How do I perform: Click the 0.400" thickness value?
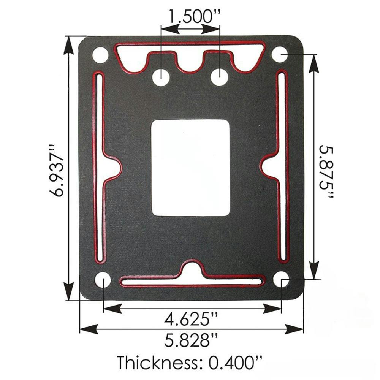click(x=236, y=363)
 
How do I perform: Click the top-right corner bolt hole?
click(x=280, y=54)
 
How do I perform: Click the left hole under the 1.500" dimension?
click(x=161, y=77)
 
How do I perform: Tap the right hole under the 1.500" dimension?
click(x=219, y=77)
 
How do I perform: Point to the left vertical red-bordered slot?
click(x=100, y=167)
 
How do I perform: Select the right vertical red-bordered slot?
click(x=282, y=167)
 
